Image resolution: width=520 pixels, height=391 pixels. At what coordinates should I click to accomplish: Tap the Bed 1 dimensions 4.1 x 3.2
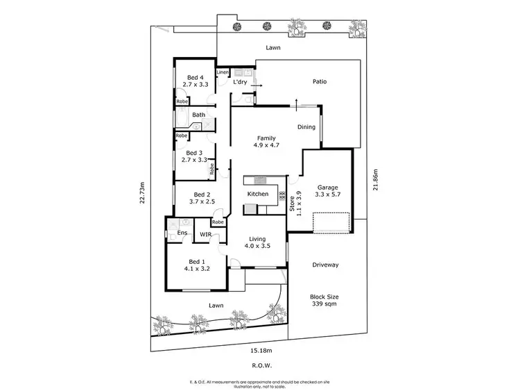coord(197,267)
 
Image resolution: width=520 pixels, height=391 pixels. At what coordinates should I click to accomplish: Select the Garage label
coord(327,188)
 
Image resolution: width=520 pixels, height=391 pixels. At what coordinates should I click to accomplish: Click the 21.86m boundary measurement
coord(375,179)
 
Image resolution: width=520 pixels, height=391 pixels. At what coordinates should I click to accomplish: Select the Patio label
coord(320,81)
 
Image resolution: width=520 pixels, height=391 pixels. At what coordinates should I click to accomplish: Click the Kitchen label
coord(258,194)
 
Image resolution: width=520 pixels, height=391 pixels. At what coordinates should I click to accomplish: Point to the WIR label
coord(205,235)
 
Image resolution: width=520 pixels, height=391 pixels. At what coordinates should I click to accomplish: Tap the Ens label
coord(181,233)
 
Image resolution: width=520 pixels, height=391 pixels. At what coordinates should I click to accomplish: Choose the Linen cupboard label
coord(223,72)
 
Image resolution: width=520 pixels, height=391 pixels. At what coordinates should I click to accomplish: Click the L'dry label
coord(241,83)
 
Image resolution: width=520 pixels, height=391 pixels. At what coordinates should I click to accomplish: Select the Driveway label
coord(325,265)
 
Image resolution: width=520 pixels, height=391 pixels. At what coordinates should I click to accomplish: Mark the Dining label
coord(306,127)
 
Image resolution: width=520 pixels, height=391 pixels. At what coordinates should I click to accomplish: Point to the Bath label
coord(199,115)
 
